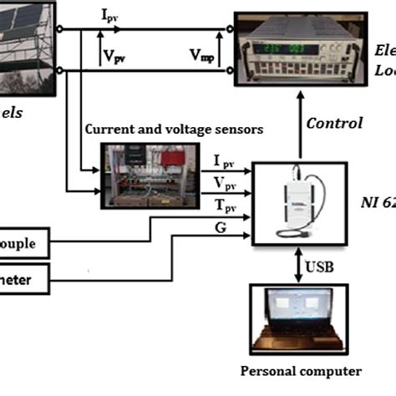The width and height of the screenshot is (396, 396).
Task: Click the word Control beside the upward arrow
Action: coord(334,123)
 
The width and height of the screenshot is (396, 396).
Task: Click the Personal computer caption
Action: coord(301,371)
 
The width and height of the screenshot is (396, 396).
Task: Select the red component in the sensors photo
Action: coord(175,158)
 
